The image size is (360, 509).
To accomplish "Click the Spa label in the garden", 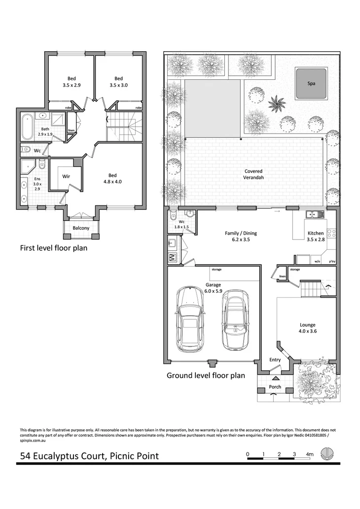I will click(311, 84).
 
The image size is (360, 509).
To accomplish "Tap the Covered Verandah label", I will click(253, 174).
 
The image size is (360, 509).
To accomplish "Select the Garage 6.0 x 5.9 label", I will click(214, 288).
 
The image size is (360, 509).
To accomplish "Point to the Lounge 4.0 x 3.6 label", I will click(308, 328).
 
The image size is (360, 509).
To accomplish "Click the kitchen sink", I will click(313, 214).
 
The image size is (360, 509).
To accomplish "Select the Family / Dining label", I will click(241, 237).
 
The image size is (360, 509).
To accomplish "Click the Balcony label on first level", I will click(81, 228).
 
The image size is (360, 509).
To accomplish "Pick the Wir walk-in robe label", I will click(66, 176).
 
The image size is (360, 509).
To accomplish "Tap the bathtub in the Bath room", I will click(28, 126).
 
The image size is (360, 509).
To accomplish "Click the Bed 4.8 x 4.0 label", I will click(112, 178).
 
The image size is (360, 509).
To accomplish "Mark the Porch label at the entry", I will click(275, 387).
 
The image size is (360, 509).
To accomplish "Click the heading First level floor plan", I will click(53, 248).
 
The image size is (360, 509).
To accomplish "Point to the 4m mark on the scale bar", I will click(309, 454).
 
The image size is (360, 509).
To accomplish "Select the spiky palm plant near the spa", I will click(277, 103).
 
